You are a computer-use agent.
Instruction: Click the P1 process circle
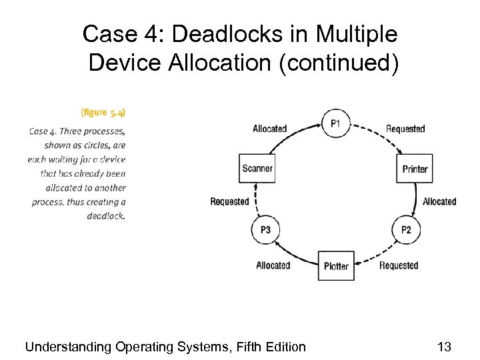335,123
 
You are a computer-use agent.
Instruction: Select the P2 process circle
406,230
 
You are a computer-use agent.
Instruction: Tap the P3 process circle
265,230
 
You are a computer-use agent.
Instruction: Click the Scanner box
257,168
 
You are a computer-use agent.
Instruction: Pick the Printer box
415,169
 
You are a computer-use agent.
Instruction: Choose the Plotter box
336,266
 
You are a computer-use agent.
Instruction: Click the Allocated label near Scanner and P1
270,129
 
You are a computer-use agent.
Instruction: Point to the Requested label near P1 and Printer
405,129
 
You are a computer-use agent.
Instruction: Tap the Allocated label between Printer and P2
439,201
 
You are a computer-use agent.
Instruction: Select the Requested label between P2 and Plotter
399,265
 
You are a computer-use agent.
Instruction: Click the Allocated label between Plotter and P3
273,265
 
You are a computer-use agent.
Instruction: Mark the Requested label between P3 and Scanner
229,201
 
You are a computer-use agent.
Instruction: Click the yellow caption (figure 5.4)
103,112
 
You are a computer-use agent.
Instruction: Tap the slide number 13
444,346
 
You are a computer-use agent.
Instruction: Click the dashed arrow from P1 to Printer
377,135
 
